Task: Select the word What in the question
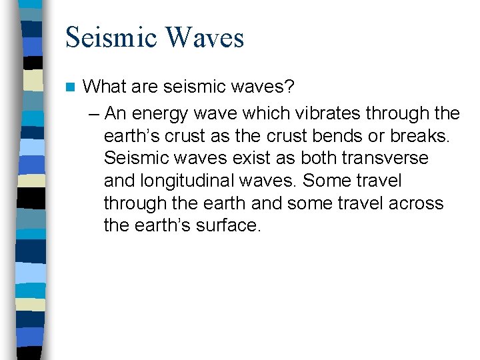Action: tap(105, 87)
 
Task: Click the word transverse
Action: tap(388, 159)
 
